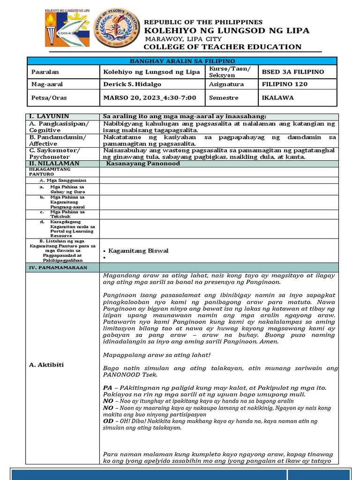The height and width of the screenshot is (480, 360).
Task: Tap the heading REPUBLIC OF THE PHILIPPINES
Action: (x=203, y=22)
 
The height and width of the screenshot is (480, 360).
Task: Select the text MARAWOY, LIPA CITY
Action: (x=183, y=39)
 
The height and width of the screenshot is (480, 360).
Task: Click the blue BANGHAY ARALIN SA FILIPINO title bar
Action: (x=182, y=61)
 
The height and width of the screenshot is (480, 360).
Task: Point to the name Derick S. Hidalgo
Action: (x=135, y=84)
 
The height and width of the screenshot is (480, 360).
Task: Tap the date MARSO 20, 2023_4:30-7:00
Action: (x=149, y=97)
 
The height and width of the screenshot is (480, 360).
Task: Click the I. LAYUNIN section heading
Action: (x=49, y=116)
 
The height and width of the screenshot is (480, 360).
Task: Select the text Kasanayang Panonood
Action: (x=136, y=163)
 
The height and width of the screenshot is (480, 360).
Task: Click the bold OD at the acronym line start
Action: (x=108, y=421)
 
